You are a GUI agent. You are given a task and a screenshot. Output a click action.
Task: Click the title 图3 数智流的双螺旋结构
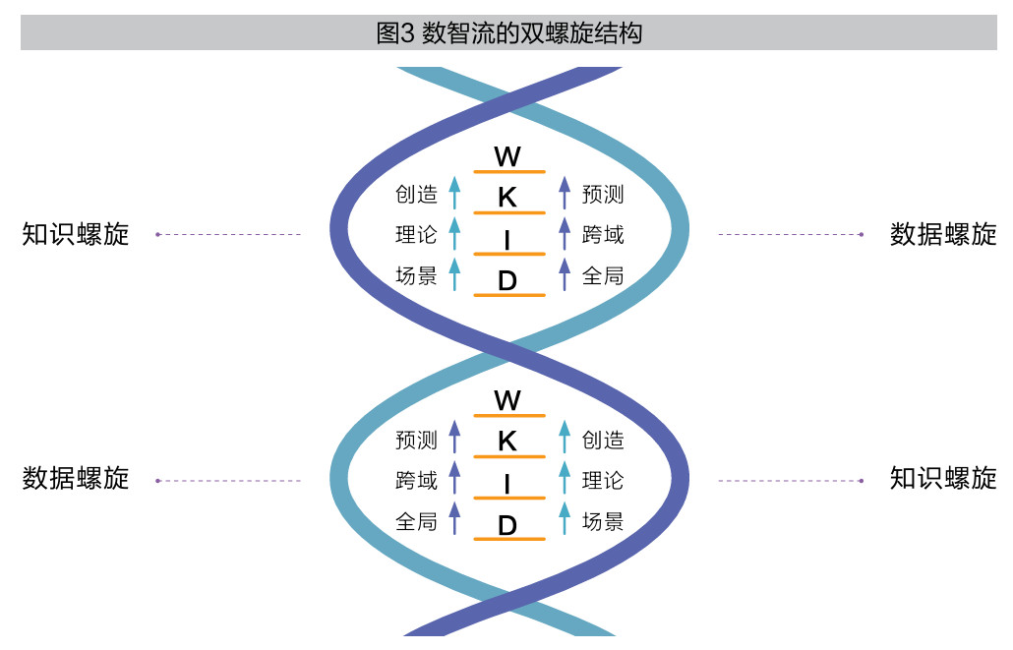pyautogui.click(x=508, y=33)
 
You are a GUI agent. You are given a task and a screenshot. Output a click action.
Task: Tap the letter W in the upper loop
pyautogui.click(x=507, y=156)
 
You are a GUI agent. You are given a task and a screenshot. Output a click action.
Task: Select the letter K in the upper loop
pyautogui.click(x=507, y=197)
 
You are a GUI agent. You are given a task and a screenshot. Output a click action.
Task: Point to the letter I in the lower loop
pyautogui.click(x=507, y=484)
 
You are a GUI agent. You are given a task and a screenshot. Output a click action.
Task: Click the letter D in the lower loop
pyautogui.click(x=507, y=525)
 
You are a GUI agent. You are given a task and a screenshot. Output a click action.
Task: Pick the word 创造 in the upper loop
pyautogui.click(x=416, y=195)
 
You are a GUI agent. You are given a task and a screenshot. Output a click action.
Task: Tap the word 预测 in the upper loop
pyautogui.click(x=603, y=195)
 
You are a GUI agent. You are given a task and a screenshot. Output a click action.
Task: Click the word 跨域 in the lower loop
pyautogui.click(x=416, y=481)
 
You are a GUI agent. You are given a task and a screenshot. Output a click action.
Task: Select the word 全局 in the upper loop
pyautogui.click(x=603, y=275)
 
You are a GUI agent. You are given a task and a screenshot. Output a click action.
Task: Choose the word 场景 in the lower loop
pyautogui.click(x=603, y=521)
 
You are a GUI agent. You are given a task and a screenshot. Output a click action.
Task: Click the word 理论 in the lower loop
pyautogui.click(x=603, y=481)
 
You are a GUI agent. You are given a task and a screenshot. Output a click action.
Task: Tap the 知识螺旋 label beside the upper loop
pyautogui.click(x=76, y=234)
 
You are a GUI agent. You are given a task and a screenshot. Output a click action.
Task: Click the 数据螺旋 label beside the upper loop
pyautogui.click(x=943, y=234)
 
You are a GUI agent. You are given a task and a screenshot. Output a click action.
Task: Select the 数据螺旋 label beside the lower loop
pyautogui.click(x=76, y=479)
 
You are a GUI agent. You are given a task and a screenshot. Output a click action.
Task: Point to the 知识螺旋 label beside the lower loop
pyautogui.click(x=943, y=479)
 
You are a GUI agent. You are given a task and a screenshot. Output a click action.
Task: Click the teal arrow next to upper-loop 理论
pyautogui.click(x=454, y=234)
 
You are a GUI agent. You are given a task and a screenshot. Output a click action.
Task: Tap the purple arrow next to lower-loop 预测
pyautogui.click(x=454, y=439)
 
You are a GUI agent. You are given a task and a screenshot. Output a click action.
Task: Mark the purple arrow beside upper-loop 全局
pyautogui.click(x=565, y=274)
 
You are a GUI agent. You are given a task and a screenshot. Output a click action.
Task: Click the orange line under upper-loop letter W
pyautogui.click(x=508, y=172)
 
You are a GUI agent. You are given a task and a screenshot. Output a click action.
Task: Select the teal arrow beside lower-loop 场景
pyautogui.click(x=565, y=518)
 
